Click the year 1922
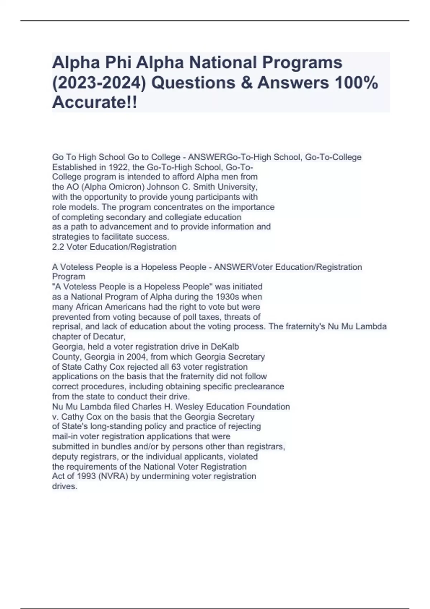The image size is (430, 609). tap(118, 167)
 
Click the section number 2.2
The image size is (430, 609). tap(58, 247)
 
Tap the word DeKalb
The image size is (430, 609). tap(225, 347)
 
